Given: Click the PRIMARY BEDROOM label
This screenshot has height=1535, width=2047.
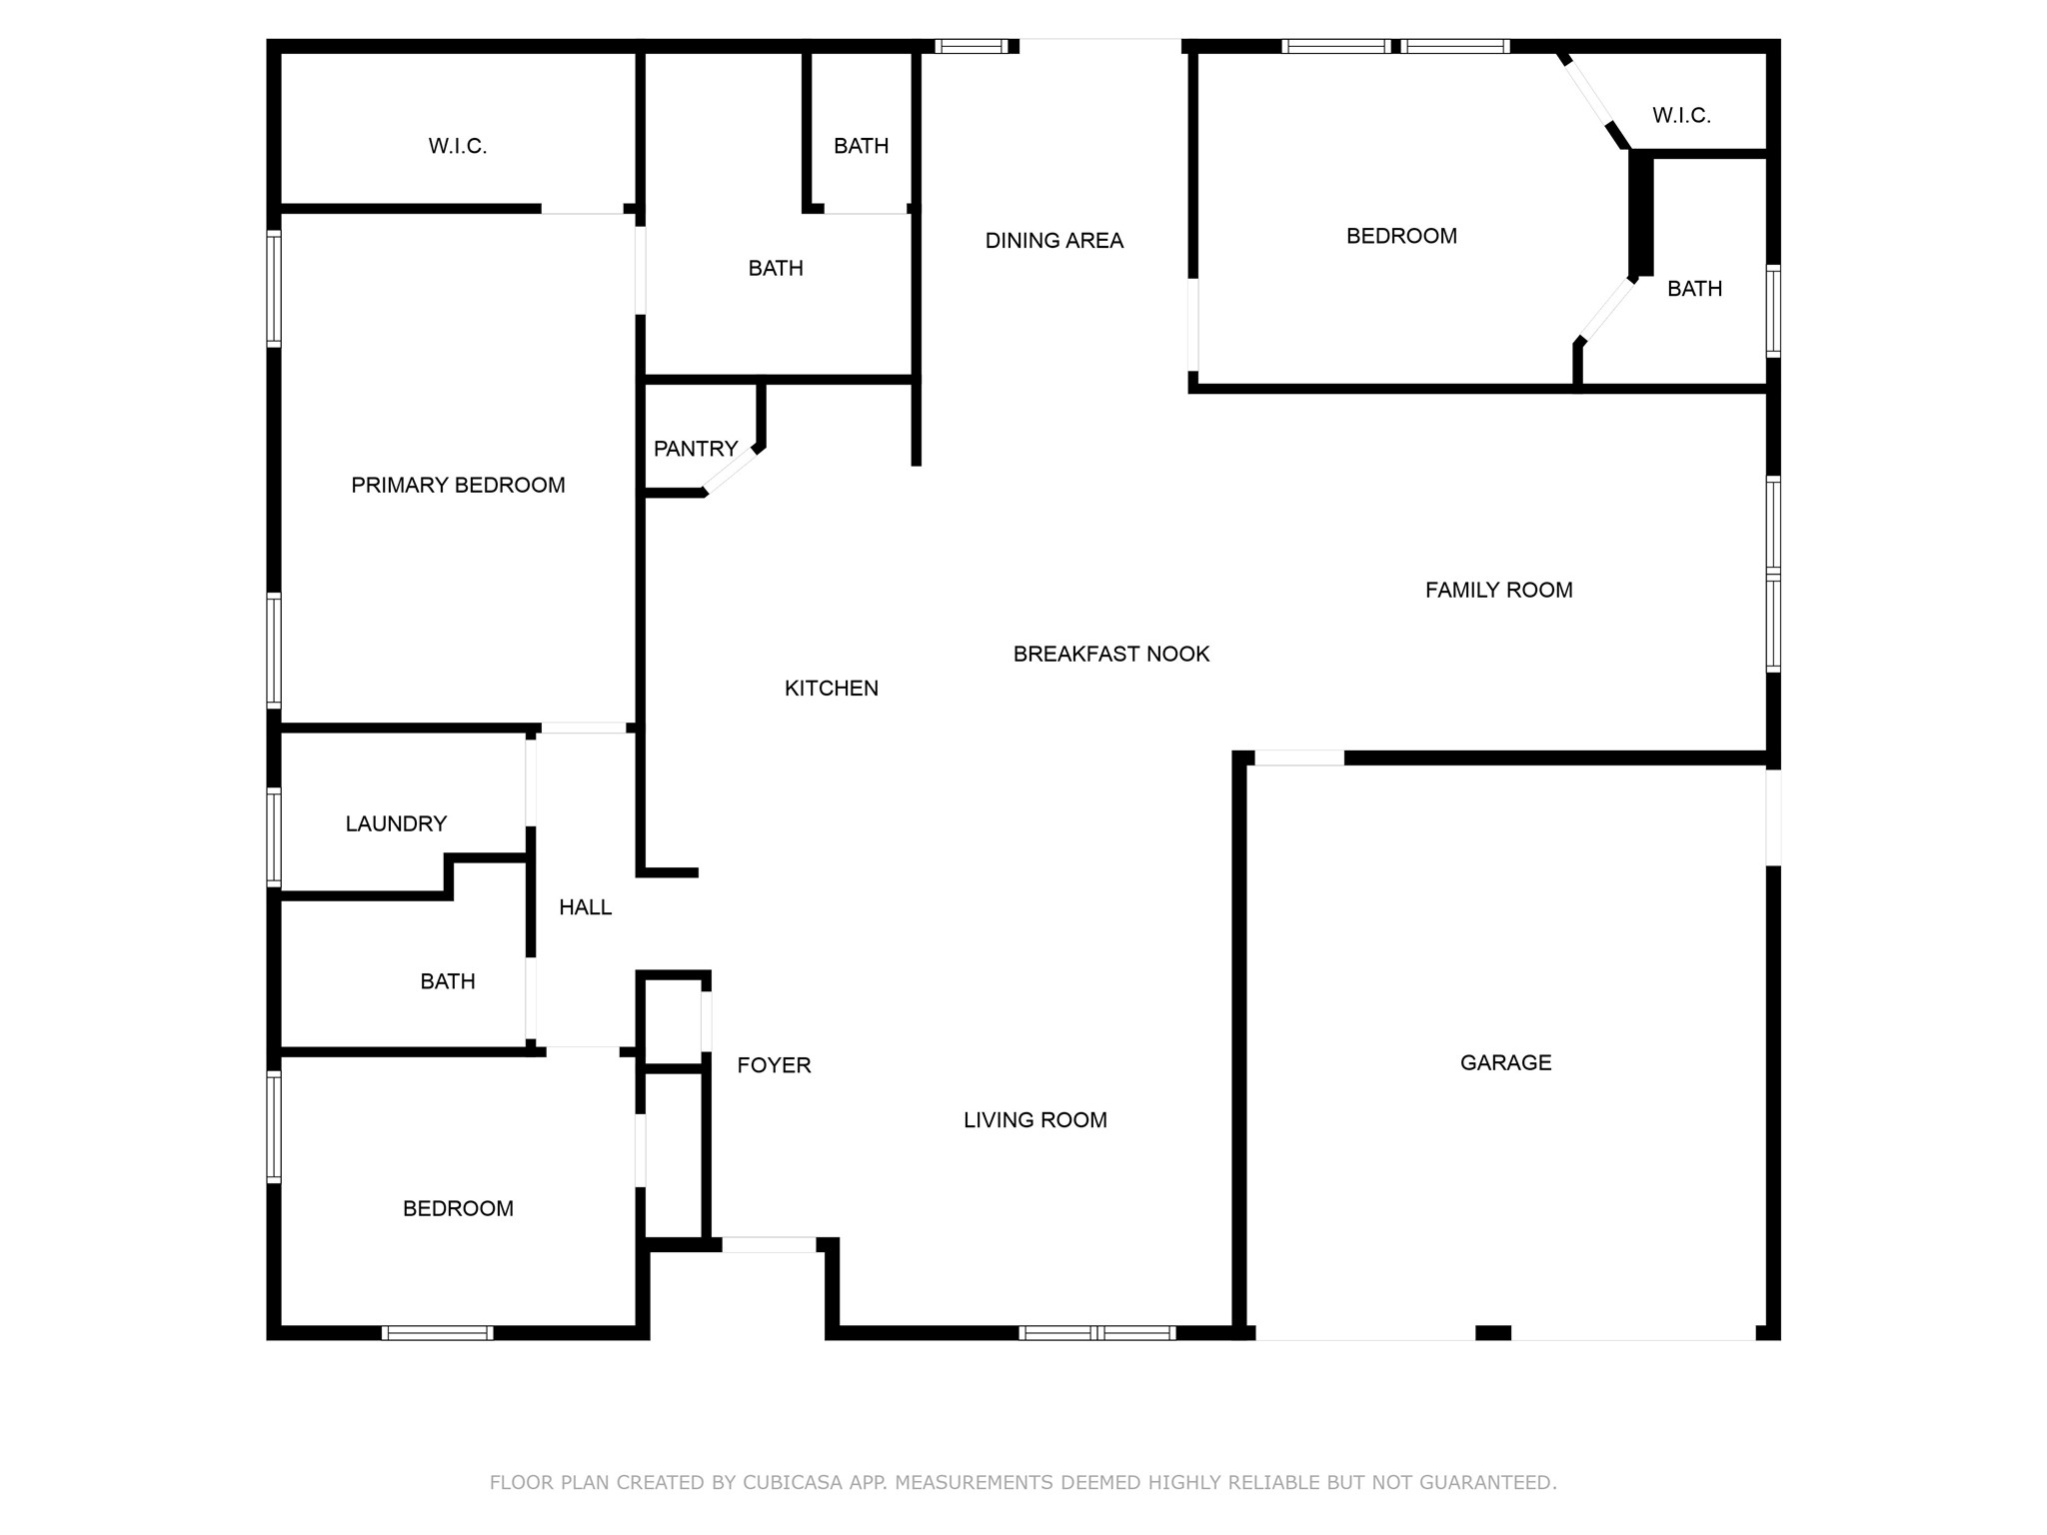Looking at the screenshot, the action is point(458,485).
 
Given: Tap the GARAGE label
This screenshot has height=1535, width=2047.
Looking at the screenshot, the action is point(1505,1062).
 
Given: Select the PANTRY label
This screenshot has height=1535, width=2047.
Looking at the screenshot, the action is point(696,449).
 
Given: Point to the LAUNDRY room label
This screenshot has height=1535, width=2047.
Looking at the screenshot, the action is point(396,823).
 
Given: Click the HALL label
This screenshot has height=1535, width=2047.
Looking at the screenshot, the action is point(585,907).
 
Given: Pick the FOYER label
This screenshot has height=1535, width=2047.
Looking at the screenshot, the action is point(774,1065).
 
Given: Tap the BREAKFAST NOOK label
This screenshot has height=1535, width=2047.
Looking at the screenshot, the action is point(1111,654).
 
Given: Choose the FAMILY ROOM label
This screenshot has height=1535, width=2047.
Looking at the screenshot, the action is point(1498,591).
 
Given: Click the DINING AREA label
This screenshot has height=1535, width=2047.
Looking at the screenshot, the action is point(1054,241).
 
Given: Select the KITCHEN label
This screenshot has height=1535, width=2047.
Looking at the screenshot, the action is point(832,688).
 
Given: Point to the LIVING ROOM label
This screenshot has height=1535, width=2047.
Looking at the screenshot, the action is point(1035,1120).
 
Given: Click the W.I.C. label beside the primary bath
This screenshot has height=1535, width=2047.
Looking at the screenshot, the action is point(458,146).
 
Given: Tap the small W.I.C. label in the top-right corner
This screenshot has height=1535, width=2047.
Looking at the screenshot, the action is point(1681,116).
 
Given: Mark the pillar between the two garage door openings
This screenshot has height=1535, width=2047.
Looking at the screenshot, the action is point(1493,1332).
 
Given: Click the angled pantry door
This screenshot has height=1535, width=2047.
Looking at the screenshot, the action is point(732,470).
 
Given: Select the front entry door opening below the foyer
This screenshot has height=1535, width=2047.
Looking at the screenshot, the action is point(769,1245).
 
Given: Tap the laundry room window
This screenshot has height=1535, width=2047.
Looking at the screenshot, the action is point(274,837).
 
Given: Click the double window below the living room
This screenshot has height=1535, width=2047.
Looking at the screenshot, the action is point(1096,1332).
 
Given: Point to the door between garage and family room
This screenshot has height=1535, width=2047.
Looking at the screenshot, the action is point(1299,759).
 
